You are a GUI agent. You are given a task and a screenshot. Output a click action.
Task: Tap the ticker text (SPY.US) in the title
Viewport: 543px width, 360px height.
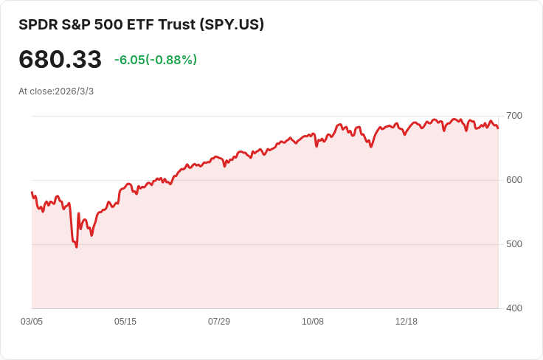click(x=232, y=24)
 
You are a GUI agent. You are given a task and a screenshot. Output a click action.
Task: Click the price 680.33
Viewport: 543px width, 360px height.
click(x=60, y=59)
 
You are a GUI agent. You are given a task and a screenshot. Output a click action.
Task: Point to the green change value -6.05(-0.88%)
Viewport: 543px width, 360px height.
click(x=155, y=60)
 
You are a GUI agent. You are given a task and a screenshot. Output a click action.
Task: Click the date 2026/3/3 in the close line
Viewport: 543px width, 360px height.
click(x=75, y=91)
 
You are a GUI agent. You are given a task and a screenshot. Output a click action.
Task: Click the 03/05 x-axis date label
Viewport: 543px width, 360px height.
click(x=32, y=322)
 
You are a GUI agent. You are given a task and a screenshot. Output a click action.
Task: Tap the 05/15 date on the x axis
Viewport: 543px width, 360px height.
click(x=125, y=322)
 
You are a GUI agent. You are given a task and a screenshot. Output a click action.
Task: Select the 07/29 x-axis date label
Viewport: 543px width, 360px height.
click(x=219, y=322)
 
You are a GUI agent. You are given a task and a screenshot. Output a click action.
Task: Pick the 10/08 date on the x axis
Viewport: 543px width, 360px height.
click(x=313, y=322)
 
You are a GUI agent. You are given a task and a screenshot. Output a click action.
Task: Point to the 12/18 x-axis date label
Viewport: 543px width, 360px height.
click(x=407, y=322)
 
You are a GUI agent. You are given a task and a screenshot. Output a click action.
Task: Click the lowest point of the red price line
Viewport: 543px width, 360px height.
click(x=76, y=246)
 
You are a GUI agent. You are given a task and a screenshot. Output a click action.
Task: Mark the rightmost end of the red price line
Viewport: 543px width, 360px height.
click(x=498, y=128)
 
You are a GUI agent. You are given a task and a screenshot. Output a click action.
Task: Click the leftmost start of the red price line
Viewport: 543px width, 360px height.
click(x=32, y=193)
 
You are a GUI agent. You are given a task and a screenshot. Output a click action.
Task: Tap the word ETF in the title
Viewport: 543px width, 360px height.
click(x=141, y=24)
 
